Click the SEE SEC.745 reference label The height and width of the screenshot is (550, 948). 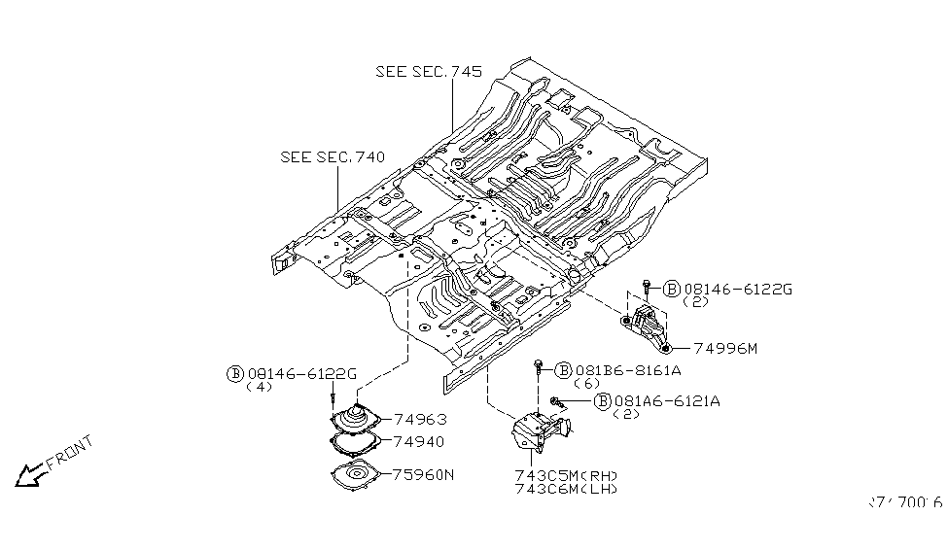tap(429, 72)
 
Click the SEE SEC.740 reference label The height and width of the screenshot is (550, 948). tap(332, 156)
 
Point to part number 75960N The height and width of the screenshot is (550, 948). tap(423, 475)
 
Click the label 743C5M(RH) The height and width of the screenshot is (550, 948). tap(566, 475)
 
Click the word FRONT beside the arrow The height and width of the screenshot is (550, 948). tap(70, 452)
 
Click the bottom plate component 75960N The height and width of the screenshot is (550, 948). tap(359, 478)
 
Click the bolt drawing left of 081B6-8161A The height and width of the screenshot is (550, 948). tap(538, 370)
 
